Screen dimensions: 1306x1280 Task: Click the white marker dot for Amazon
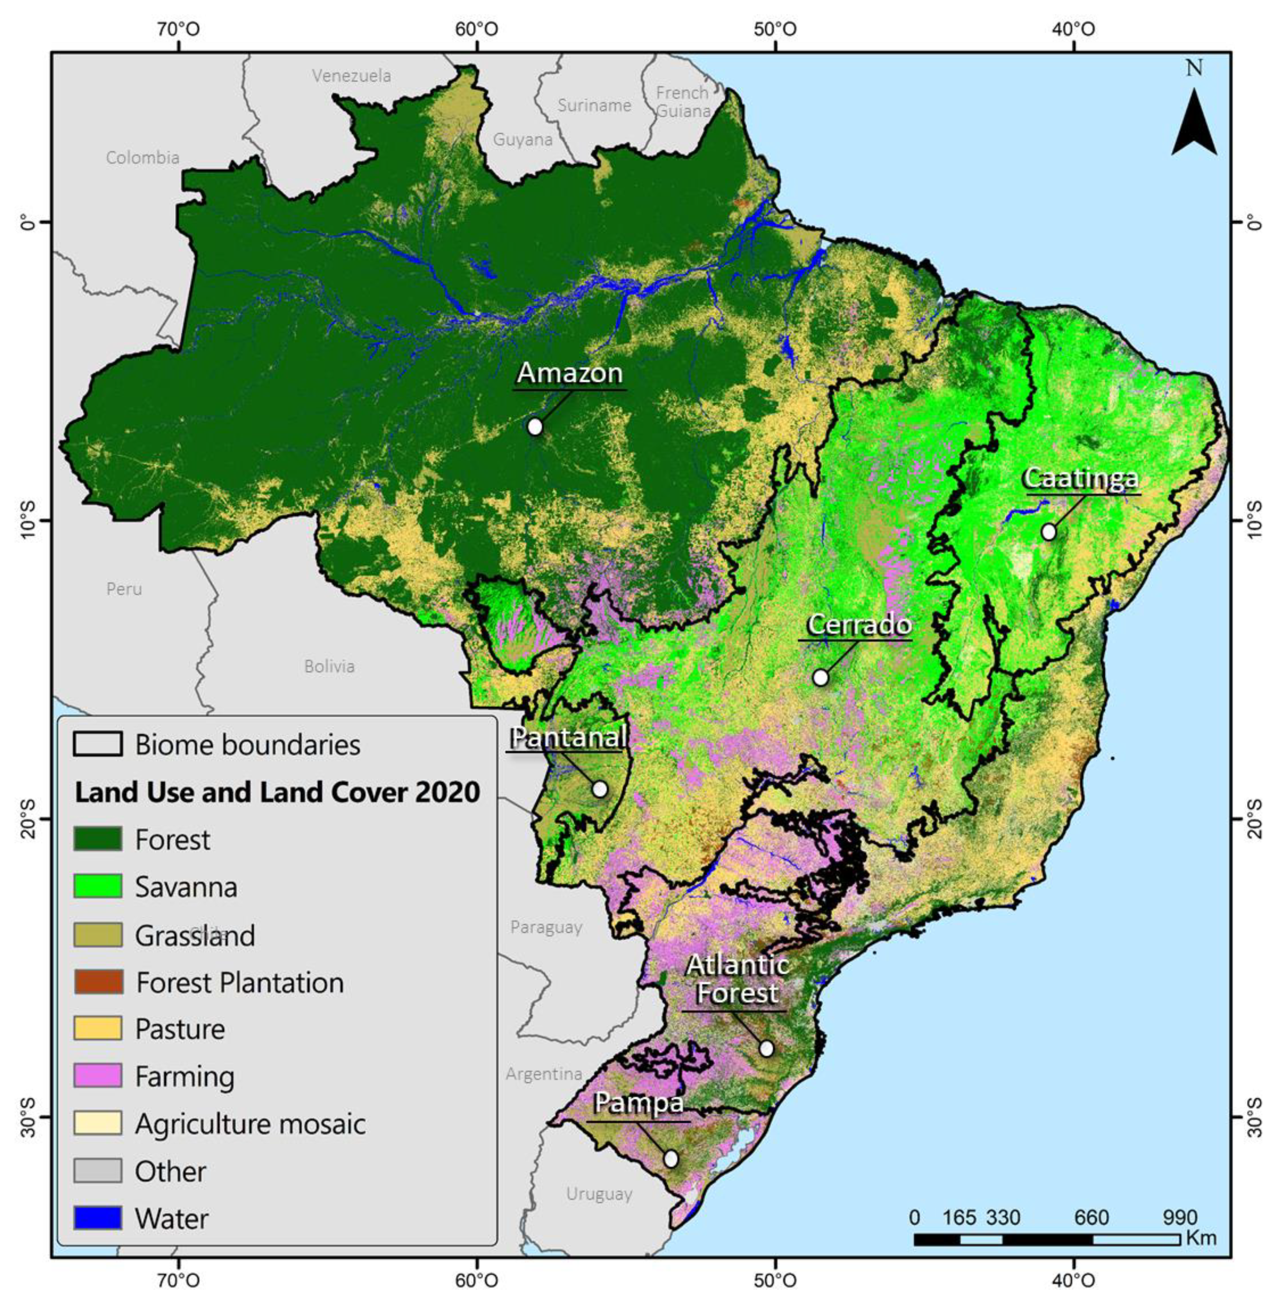[535, 426]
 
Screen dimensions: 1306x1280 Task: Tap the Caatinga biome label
[1081, 478]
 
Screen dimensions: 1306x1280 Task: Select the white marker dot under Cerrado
[820, 677]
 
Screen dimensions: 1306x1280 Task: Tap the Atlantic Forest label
[738, 979]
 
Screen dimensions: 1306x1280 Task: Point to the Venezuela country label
[351, 76]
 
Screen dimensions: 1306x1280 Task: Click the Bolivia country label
[329, 666]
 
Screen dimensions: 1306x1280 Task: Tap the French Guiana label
[682, 102]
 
